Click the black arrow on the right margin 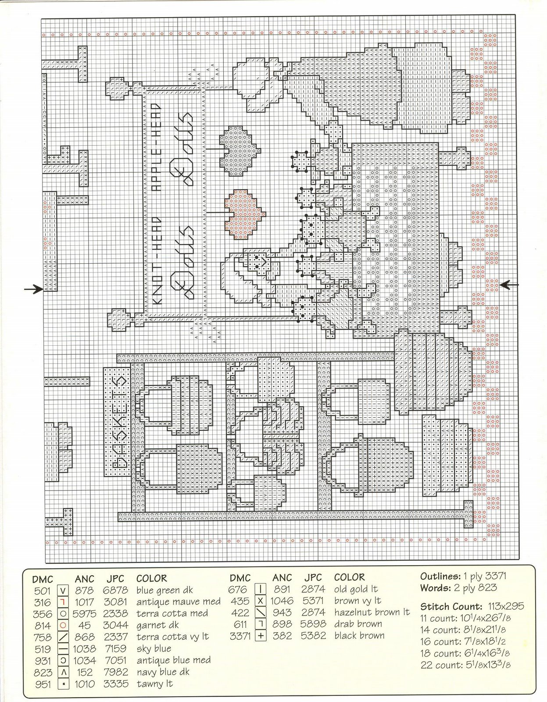click(510, 285)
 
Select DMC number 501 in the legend click(42, 591)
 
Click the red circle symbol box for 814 click(63, 626)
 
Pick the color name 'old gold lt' click(356, 589)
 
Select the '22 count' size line click(465, 665)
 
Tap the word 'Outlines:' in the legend click(440, 576)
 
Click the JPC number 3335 click(116, 684)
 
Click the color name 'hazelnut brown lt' click(372, 612)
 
